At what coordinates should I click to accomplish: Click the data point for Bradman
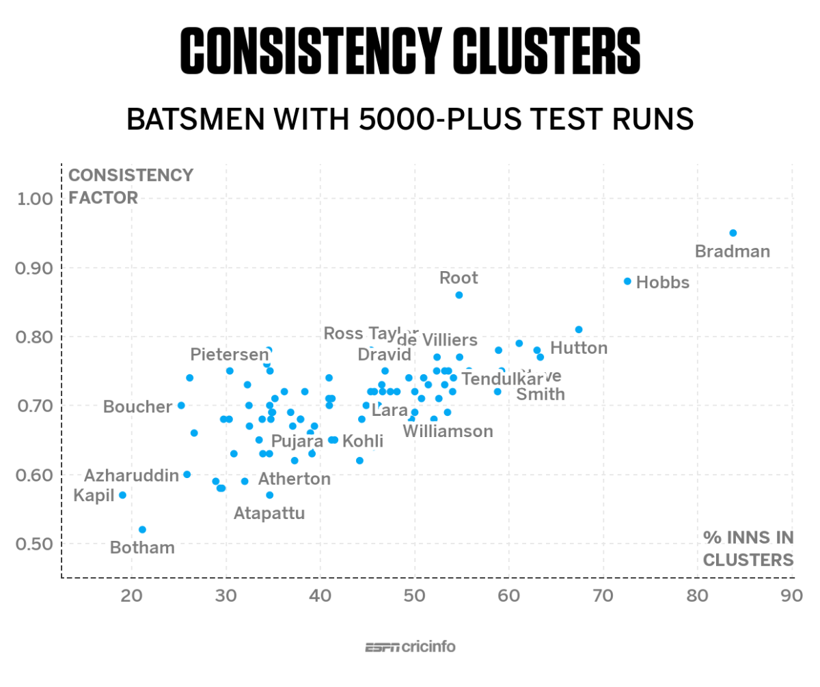pyautogui.click(x=733, y=233)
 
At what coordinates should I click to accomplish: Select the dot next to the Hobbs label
pyautogui.click(x=627, y=281)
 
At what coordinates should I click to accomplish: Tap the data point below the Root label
pyautogui.click(x=459, y=295)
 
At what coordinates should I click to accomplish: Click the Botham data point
pyautogui.click(x=142, y=529)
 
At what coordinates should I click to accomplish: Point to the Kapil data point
pyautogui.click(x=122, y=495)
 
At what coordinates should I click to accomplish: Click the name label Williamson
pyautogui.click(x=448, y=432)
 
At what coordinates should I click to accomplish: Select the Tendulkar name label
pyautogui.click(x=502, y=378)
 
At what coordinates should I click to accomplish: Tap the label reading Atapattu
pyautogui.click(x=269, y=513)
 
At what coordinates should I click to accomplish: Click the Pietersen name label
pyautogui.click(x=230, y=354)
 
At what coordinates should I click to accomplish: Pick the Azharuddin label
pyautogui.click(x=131, y=475)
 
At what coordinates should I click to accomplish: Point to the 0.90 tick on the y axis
pyautogui.click(x=33, y=268)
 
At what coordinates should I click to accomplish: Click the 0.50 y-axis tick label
pyautogui.click(x=33, y=544)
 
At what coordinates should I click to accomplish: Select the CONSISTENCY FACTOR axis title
pyautogui.click(x=131, y=186)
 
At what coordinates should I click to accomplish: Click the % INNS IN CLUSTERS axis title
pyautogui.click(x=748, y=549)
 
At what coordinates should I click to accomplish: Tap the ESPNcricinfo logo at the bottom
pyautogui.click(x=410, y=647)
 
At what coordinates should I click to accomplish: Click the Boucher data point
pyautogui.click(x=181, y=405)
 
